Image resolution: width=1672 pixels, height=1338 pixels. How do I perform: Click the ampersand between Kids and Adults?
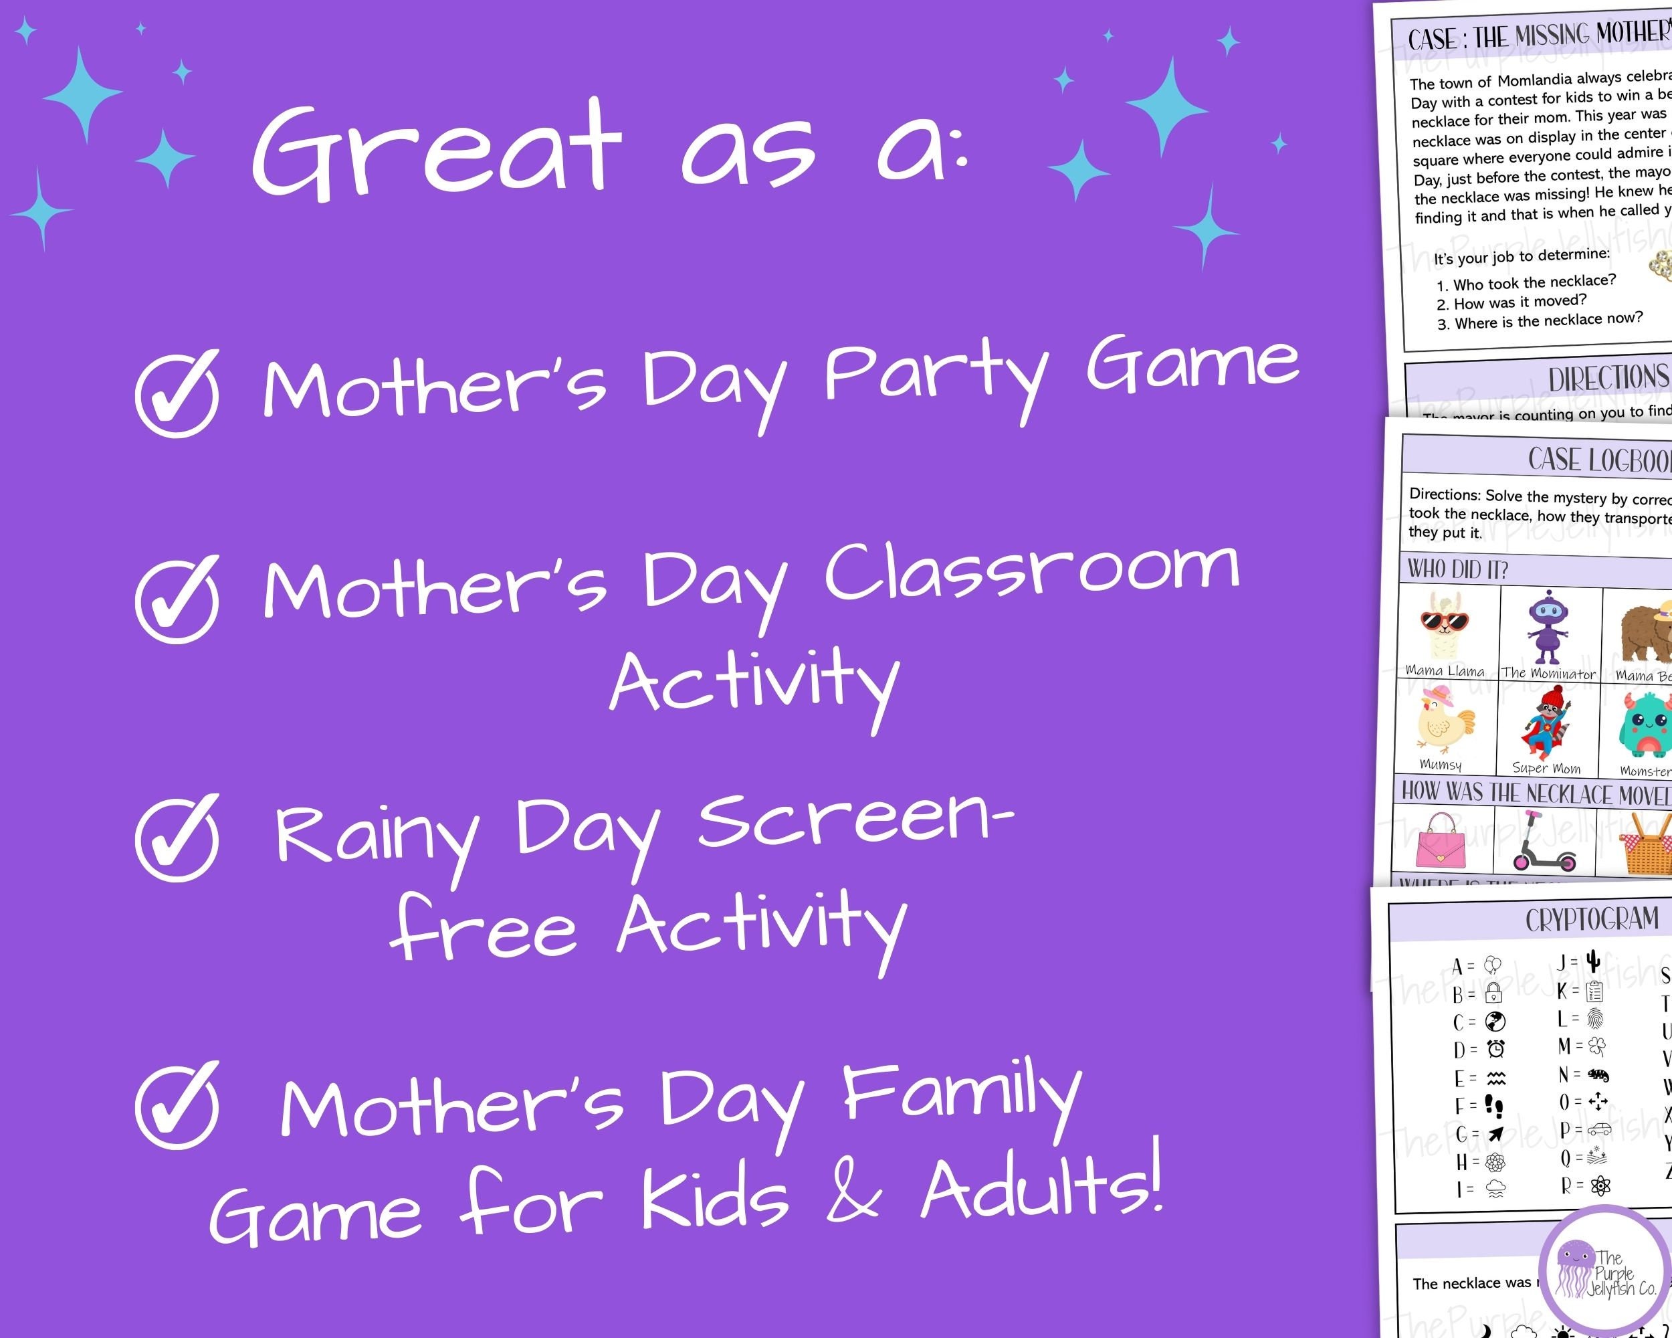853,1195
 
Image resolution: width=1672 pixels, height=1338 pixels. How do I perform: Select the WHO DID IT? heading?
1458,570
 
